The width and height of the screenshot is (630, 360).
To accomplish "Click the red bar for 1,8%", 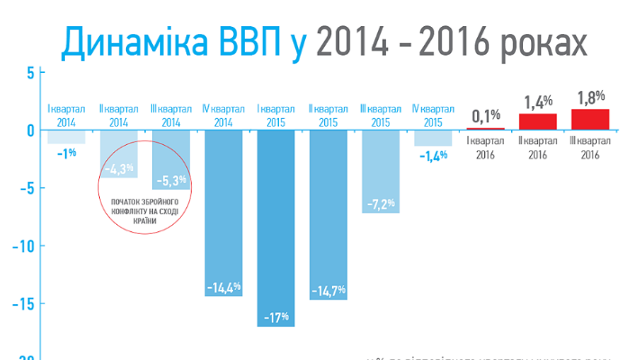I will (589, 119).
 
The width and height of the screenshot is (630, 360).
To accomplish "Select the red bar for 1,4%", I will (538, 121).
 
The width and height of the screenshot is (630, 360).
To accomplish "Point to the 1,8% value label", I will (589, 94).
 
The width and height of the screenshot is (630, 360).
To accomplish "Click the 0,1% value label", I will (486, 115).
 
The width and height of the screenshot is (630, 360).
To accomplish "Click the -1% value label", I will (66, 154).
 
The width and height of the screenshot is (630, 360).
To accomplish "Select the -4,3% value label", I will (119, 168).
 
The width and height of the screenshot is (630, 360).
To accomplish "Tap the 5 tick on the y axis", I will (30, 72).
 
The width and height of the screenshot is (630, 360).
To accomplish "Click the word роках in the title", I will (532, 41).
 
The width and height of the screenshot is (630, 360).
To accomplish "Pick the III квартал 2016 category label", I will (589, 148).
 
